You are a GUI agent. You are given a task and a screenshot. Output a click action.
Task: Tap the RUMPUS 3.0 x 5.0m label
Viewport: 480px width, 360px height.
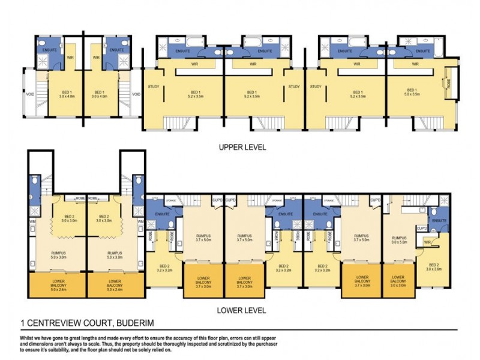pyautogui.click(x=399, y=240)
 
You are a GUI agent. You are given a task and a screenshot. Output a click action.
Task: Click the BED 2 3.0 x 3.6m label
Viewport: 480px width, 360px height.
pyautogui.click(x=434, y=268)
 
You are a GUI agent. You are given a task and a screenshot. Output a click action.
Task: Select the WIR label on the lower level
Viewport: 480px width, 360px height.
pyautogui.click(x=427, y=242)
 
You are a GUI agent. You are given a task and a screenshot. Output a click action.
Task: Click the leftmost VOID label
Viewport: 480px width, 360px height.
pyautogui.click(x=29, y=94)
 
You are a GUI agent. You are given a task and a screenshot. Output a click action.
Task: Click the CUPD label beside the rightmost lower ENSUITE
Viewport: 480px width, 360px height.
pyautogui.click(x=422, y=229)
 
